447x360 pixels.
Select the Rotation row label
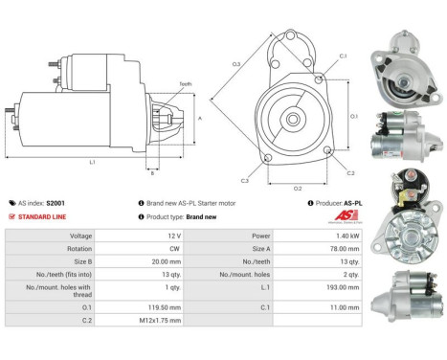pyautogui.click(x=52, y=248)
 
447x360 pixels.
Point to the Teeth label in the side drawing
pyautogui.click(x=186, y=84)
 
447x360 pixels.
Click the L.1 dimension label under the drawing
pyautogui.click(x=92, y=163)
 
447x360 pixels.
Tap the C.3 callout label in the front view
pyautogui.click(x=245, y=179)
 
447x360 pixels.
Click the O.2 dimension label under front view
pyautogui.click(x=297, y=188)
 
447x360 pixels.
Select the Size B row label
pyautogui.click(x=52, y=261)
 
